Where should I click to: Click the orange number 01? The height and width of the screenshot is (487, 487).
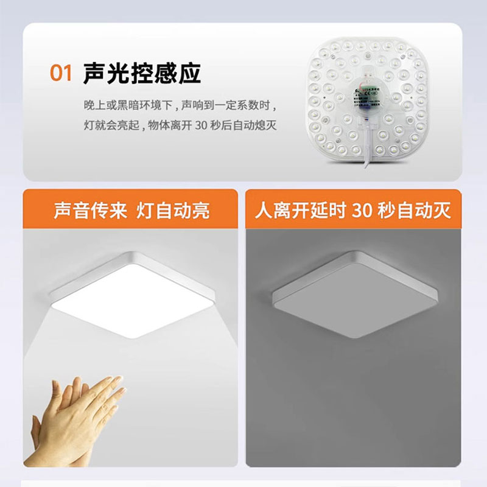click(61, 73)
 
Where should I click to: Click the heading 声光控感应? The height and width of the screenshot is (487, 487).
click(142, 73)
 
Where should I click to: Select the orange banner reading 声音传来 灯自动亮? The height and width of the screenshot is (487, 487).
click(131, 210)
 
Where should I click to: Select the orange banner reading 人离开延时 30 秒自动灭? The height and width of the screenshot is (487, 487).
click(353, 210)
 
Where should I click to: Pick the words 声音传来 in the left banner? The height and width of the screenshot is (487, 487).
click(91, 211)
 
